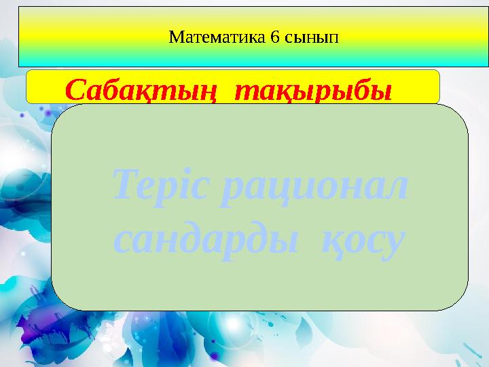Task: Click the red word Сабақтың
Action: pyautogui.click(x=143, y=88)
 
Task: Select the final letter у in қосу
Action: pyautogui.click(x=395, y=241)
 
